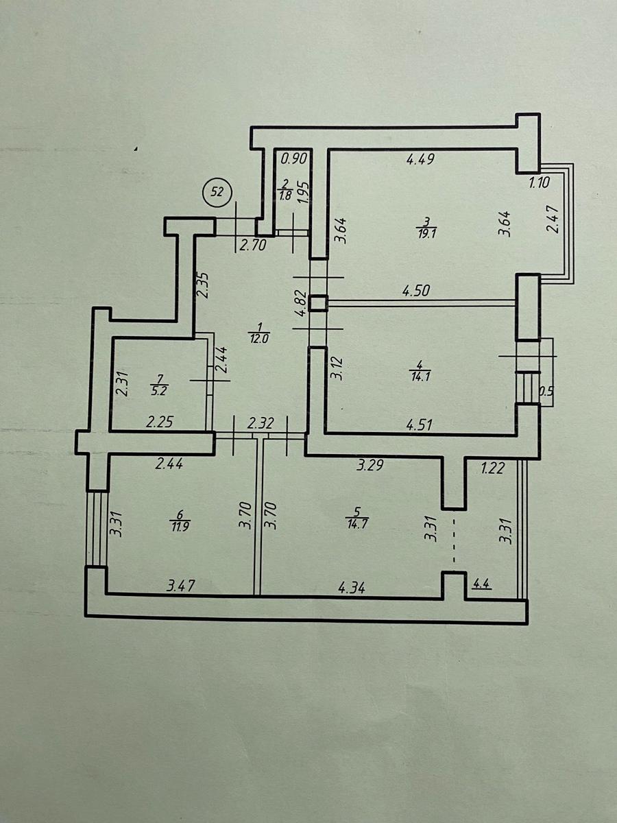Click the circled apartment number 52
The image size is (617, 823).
(217, 192)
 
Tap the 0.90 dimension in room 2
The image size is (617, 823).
(294, 159)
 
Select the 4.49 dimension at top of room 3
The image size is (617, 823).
(420, 159)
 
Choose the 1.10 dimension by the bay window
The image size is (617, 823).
(540, 182)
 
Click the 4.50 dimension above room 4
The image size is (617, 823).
(416, 291)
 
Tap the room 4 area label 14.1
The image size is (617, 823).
(420, 377)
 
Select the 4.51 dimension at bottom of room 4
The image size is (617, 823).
(419, 425)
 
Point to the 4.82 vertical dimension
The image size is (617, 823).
(302, 304)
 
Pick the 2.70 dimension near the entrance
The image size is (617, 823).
(253, 246)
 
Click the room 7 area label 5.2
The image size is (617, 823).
(158, 392)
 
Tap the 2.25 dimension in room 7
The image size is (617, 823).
(160, 422)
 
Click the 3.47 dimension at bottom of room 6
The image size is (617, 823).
(181, 586)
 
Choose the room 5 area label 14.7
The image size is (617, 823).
(358, 523)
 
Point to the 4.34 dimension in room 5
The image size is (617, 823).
(352, 588)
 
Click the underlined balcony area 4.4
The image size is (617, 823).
(482, 584)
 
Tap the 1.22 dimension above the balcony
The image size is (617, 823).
(492, 468)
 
